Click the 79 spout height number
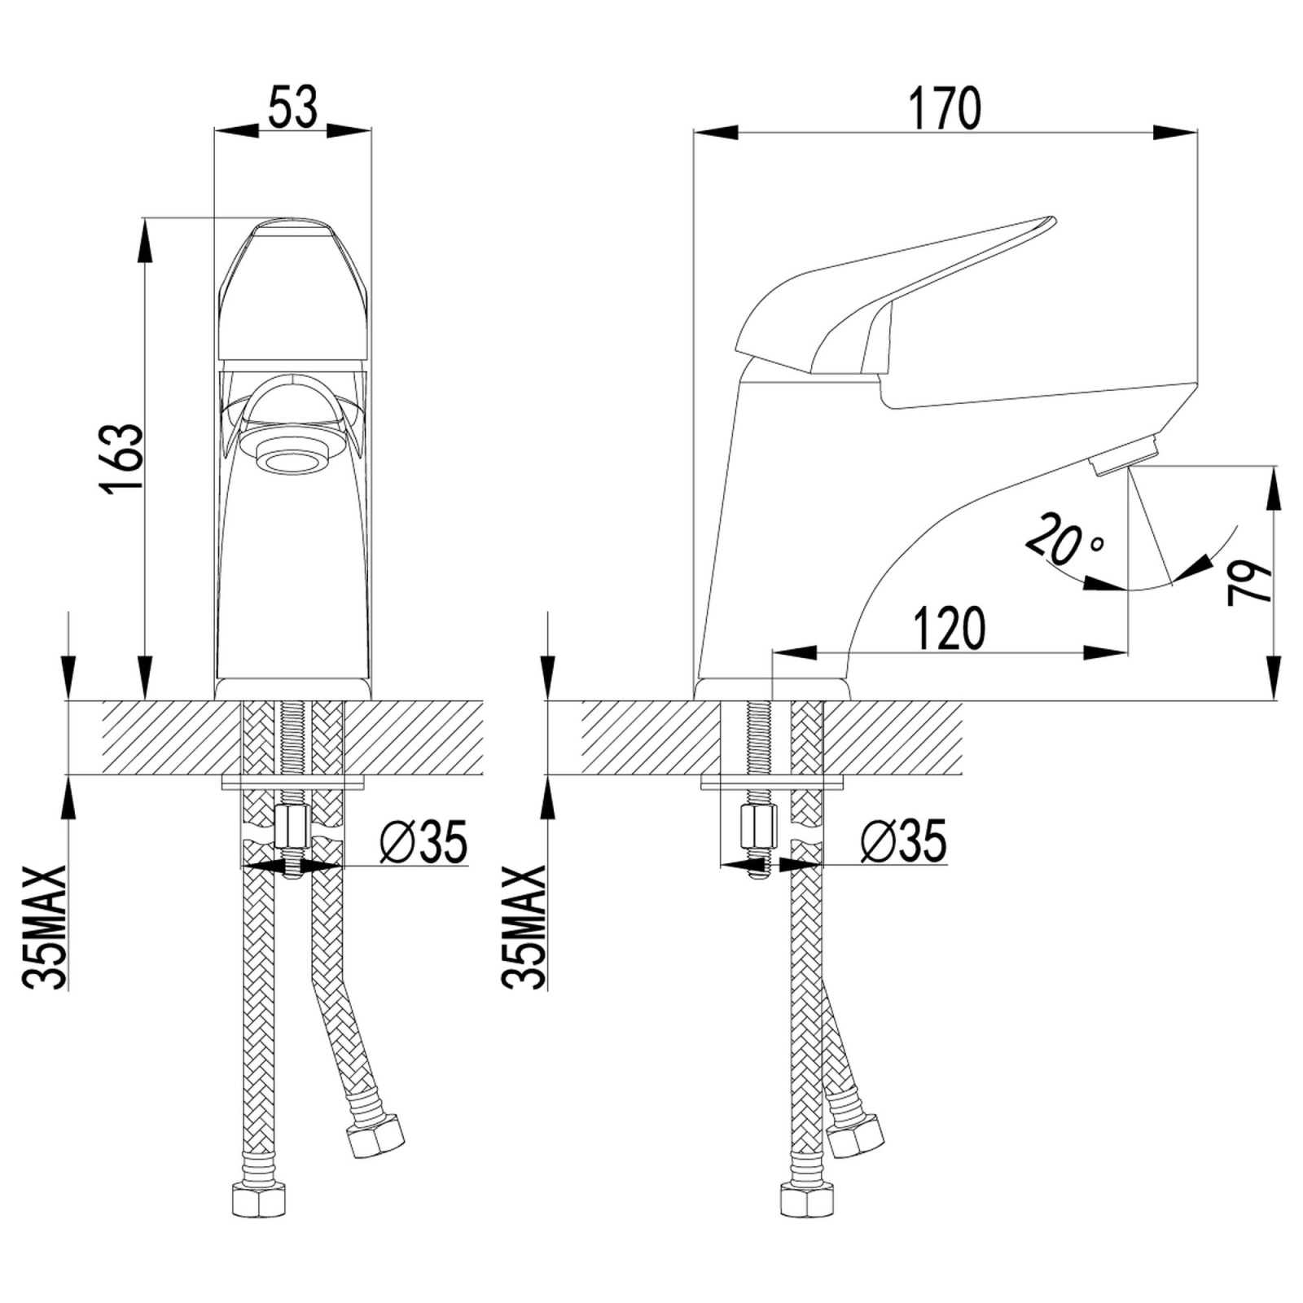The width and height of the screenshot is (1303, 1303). pos(1248,581)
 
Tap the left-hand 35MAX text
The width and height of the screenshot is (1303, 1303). pos(44,927)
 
